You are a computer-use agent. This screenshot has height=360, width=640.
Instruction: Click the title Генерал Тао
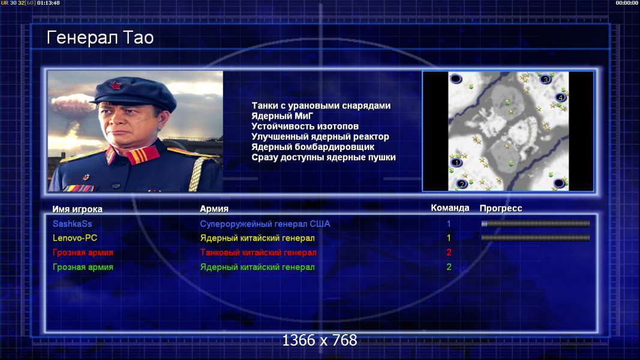(x=100, y=38)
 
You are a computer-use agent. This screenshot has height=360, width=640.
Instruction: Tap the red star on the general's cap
(x=116, y=86)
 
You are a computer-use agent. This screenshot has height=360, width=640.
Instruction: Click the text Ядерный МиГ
(x=282, y=116)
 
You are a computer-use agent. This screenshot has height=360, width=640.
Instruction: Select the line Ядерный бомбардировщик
(x=313, y=147)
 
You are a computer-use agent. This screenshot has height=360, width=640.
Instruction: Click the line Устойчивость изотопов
(x=305, y=127)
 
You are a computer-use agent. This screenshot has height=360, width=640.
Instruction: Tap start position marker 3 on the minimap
(x=545, y=79)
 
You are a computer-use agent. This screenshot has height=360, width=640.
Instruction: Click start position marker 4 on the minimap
(x=560, y=97)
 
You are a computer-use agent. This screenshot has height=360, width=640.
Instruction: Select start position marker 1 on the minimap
(x=456, y=163)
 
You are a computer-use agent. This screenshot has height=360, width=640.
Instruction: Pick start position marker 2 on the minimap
(x=462, y=184)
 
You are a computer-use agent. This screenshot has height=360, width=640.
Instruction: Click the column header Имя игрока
(x=77, y=209)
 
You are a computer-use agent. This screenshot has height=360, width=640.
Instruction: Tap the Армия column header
(x=214, y=209)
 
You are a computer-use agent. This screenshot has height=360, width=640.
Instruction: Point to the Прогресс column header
(x=501, y=208)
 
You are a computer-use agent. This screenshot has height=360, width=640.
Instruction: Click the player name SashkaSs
(x=72, y=224)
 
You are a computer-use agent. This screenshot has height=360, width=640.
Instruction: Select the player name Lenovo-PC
(x=75, y=238)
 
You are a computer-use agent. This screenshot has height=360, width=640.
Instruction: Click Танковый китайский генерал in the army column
(x=258, y=253)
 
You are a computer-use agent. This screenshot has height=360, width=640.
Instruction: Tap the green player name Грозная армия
(x=83, y=267)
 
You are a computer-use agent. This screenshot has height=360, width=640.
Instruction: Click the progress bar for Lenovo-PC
(x=535, y=238)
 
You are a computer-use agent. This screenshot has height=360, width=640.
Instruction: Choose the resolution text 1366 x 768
(x=320, y=340)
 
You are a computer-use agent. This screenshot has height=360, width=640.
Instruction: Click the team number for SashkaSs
(x=449, y=224)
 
